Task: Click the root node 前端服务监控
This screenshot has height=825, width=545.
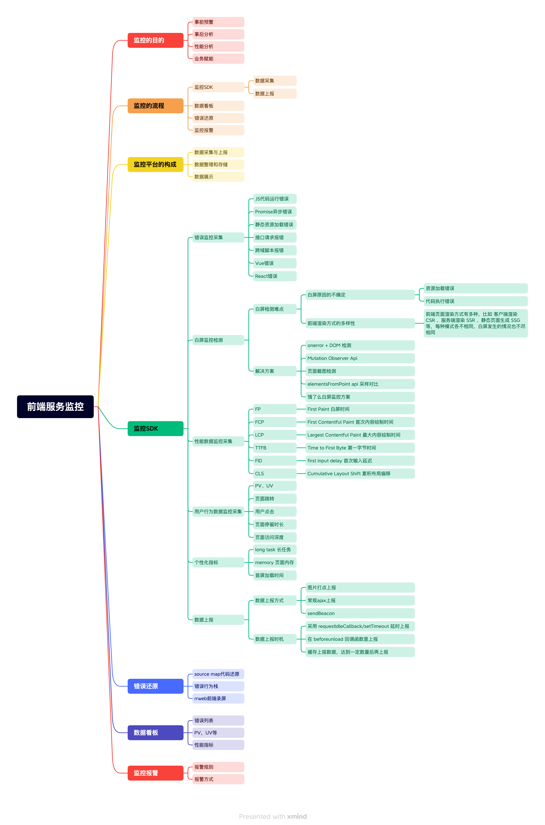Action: coord(55,406)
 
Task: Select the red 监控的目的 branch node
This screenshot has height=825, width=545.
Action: coord(155,40)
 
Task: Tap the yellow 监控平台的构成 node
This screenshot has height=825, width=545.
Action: coord(155,164)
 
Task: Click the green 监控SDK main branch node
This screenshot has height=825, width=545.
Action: coord(155,428)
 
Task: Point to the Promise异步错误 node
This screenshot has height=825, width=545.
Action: coord(275,212)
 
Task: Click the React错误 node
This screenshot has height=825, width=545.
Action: coord(275,276)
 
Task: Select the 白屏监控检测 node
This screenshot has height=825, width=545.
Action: coord(218,340)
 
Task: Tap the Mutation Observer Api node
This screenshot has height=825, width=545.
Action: coord(360,358)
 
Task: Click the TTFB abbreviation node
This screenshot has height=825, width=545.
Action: coord(275,448)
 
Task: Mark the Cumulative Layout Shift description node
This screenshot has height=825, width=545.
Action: coord(360,473)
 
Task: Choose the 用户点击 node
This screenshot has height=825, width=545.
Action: coord(275,511)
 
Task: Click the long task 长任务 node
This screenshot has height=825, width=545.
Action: coord(275,550)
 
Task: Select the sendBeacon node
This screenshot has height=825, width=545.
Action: coord(360,613)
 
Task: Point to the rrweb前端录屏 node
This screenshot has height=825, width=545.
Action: coord(218,698)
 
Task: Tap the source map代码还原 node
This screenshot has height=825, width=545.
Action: coord(218,674)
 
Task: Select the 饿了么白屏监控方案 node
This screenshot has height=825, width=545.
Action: coord(360,397)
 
